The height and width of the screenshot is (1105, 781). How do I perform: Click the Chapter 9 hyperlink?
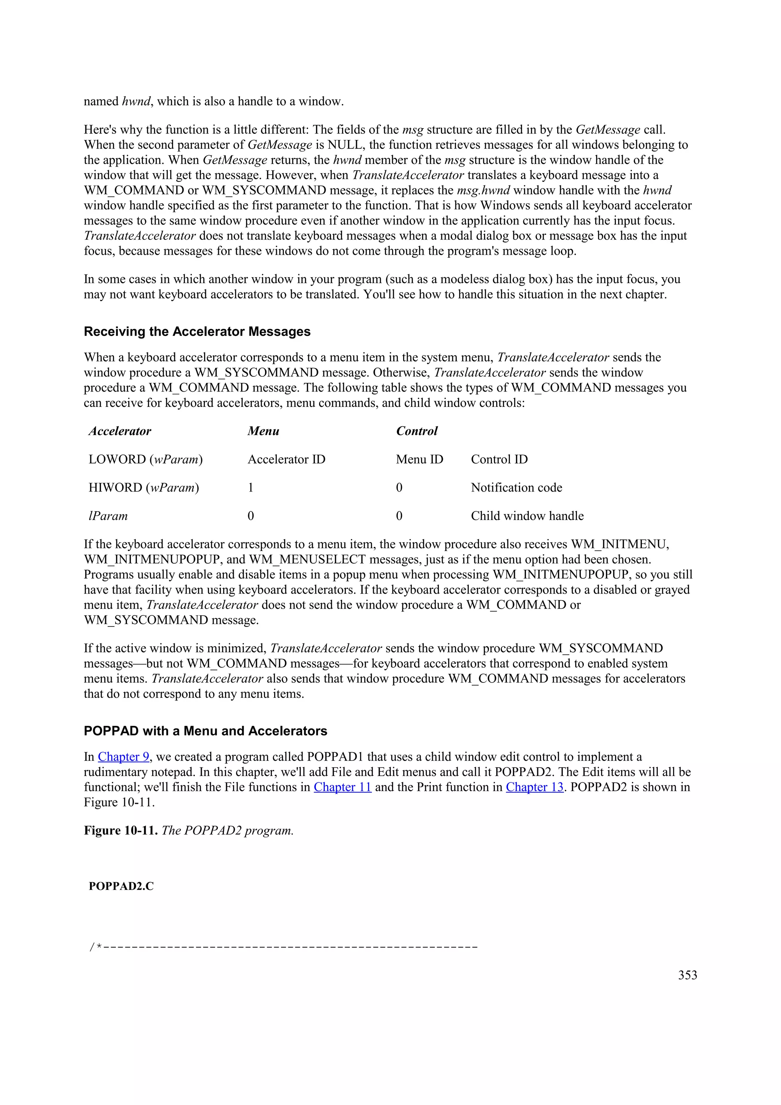124,757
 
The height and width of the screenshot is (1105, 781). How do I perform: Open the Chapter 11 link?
342,787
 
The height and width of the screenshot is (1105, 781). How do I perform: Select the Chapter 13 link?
534,787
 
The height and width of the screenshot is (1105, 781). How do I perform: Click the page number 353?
687,975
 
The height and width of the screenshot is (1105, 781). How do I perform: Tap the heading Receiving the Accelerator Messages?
197,332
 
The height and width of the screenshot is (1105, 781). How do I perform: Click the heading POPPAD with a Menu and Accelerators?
205,731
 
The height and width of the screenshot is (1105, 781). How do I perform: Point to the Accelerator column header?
120,431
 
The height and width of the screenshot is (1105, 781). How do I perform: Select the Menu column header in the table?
263,431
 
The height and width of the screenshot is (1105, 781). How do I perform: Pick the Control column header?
417,431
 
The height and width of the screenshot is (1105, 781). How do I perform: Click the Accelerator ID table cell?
286,459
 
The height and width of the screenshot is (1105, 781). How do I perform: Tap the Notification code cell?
516,488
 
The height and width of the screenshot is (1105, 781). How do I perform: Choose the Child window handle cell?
527,516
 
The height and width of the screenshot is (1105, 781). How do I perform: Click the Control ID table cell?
499,459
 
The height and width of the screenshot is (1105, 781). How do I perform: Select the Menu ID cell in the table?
419,459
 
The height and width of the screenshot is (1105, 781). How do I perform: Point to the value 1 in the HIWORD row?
251,488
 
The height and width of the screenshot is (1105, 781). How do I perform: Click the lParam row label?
108,516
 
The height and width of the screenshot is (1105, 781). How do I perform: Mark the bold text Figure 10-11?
121,831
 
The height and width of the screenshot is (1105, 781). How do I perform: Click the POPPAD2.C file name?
121,887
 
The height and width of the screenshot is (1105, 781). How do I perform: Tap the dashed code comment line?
283,948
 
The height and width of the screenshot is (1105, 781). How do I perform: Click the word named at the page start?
101,101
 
